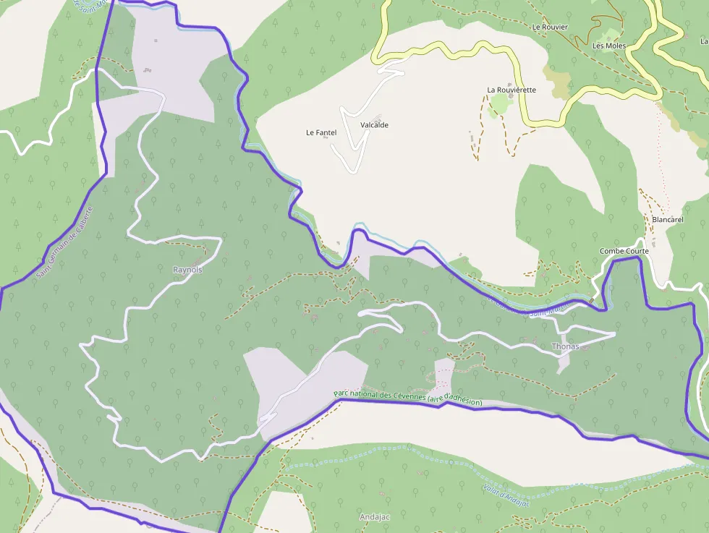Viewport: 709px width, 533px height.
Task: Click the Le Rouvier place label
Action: click(550, 27)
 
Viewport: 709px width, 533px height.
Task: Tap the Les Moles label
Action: click(608, 46)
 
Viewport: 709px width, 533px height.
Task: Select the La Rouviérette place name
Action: click(511, 90)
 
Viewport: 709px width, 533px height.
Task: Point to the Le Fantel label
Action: click(321, 132)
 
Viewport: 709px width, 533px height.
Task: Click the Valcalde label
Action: click(374, 125)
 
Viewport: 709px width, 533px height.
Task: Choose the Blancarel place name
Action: click(667, 219)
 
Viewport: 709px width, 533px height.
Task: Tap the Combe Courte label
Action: click(624, 251)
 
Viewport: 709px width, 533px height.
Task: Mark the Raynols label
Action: click(188, 270)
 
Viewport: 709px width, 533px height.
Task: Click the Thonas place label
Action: click(565, 346)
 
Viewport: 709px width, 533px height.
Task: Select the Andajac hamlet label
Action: click(375, 517)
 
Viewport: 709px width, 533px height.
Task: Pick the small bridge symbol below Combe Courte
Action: click(592, 300)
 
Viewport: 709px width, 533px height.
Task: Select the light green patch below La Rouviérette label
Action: click(499, 106)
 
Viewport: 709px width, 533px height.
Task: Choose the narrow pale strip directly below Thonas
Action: click(563, 362)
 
